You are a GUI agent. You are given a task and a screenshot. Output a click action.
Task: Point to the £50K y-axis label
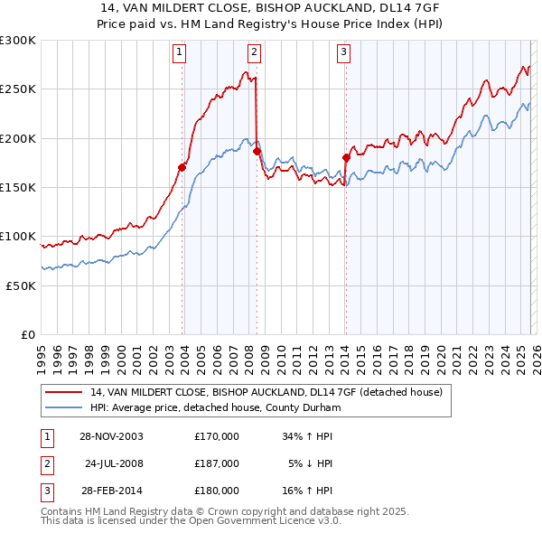click(20, 285)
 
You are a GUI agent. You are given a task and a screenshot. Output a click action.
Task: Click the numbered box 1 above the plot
click(182, 52)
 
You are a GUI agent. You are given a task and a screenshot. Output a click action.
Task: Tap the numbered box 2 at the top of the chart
click(254, 52)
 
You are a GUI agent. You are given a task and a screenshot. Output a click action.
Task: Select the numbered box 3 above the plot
click(344, 52)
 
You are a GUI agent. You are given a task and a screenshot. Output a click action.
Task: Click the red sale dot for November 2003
click(182, 167)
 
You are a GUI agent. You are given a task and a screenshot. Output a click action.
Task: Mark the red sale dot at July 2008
click(257, 151)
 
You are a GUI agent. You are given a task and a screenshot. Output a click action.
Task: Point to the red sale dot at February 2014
click(346, 157)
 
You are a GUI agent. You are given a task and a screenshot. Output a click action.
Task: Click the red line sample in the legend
click(63, 393)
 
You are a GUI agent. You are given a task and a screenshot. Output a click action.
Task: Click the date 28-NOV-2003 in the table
click(110, 436)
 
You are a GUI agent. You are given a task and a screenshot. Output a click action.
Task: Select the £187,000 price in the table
click(217, 463)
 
